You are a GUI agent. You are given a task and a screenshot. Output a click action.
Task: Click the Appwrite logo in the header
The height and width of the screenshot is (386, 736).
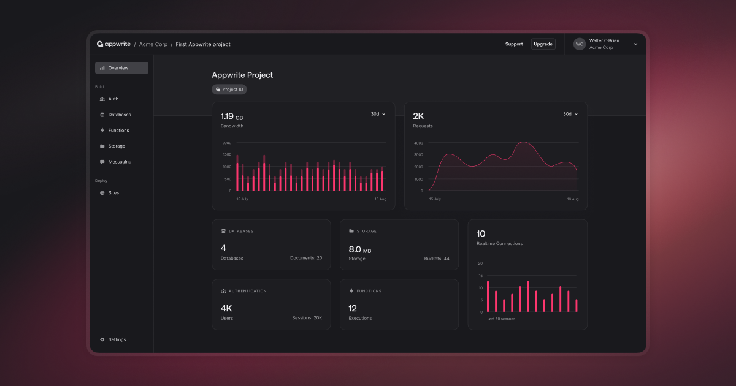(x=113, y=44)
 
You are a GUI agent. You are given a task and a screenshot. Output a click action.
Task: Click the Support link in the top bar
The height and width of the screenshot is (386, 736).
(x=514, y=44)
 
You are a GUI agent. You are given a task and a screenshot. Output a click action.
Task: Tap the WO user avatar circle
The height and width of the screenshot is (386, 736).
(x=580, y=44)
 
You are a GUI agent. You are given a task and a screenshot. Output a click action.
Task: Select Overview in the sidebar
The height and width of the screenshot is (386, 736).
(x=121, y=68)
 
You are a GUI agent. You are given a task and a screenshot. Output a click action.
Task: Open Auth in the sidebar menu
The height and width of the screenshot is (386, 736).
(x=113, y=99)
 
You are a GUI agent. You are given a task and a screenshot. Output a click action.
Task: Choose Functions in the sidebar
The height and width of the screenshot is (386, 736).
(x=118, y=131)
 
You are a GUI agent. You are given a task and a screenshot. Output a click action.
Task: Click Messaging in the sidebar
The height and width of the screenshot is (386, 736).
(x=120, y=162)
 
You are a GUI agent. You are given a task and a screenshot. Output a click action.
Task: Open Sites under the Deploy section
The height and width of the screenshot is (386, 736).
(x=113, y=193)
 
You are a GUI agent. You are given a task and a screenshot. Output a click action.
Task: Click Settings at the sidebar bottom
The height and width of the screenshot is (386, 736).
(x=117, y=339)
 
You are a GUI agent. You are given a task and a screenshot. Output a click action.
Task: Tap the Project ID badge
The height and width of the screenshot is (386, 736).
(x=229, y=89)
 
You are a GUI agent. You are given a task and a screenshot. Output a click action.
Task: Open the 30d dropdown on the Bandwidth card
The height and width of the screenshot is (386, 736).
(x=378, y=114)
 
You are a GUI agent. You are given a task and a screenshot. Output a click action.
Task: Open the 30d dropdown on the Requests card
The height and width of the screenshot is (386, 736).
(x=570, y=114)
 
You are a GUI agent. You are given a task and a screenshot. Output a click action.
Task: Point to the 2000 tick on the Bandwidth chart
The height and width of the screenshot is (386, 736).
(x=226, y=143)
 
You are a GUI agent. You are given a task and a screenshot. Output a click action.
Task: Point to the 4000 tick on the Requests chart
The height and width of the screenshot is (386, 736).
(x=418, y=143)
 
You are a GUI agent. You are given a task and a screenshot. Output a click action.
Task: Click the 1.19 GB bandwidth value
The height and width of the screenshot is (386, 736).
(x=232, y=116)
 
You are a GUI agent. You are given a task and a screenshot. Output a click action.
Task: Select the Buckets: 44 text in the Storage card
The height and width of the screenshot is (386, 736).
(x=437, y=259)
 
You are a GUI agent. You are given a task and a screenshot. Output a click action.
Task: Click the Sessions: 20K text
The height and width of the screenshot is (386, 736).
(x=307, y=318)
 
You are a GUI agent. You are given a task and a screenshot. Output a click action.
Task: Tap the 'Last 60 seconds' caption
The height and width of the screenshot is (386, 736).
(x=501, y=319)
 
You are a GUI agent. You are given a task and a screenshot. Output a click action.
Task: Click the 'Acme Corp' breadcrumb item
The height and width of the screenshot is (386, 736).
(x=153, y=44)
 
